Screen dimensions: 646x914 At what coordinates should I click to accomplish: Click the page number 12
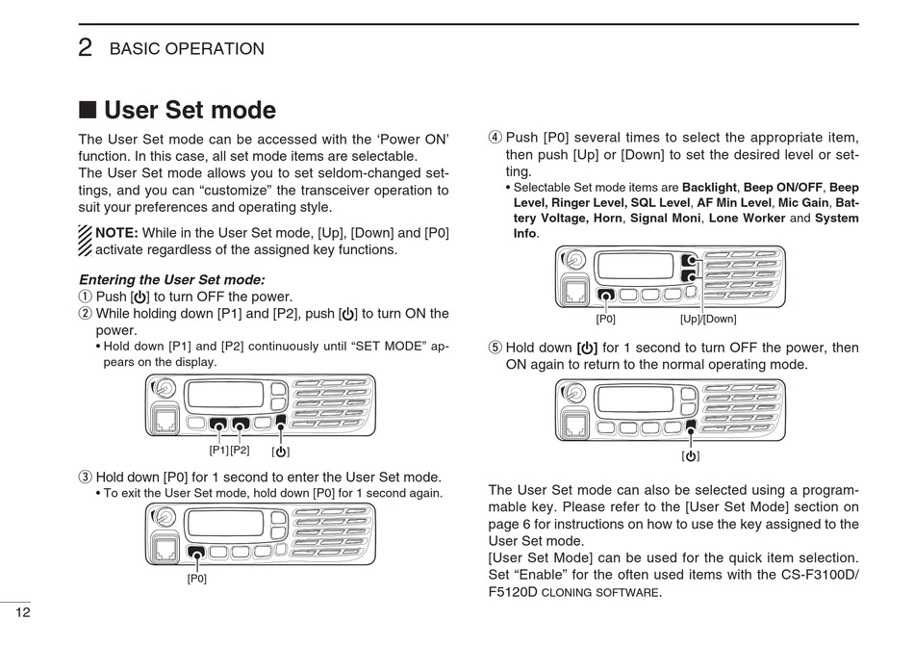[21, 614]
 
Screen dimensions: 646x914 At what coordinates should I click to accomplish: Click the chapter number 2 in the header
[86, 48]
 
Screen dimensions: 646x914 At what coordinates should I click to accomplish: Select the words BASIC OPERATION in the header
[187, 49]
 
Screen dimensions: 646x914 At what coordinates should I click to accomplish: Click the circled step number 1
[86, 297]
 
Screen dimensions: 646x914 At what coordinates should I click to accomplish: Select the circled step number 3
[86, 477]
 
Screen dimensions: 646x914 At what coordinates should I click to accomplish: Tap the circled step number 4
[495, 138]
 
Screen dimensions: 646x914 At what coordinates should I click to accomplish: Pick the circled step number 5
[495, 348]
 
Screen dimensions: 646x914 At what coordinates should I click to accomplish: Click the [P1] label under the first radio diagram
[218, 450]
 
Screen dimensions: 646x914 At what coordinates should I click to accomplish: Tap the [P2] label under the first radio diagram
[240, 450]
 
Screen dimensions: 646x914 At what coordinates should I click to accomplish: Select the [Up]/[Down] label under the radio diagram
[708, 319]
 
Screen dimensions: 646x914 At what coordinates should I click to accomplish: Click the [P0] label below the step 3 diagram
[197, 579]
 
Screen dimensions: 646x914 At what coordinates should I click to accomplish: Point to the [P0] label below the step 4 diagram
[606, 319]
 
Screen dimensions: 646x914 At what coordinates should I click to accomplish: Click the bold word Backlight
[709, 187]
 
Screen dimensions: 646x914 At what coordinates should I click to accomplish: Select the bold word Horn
[607, 219]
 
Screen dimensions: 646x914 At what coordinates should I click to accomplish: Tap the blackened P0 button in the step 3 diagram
[197, 553]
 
